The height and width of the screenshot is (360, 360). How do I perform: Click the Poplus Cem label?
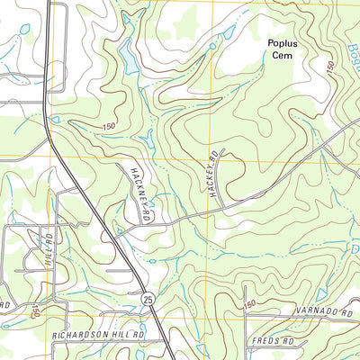(282, 48)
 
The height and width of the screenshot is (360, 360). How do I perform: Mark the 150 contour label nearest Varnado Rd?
(249, 303)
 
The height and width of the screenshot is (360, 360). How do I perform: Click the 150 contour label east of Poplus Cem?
(332, 68)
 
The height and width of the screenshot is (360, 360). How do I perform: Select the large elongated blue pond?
(130, 58)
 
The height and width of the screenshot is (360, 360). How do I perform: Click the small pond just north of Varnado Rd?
(321, 294)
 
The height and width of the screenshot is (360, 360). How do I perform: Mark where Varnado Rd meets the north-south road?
(245, 317)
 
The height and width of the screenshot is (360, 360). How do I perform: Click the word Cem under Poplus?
(282, 54)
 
